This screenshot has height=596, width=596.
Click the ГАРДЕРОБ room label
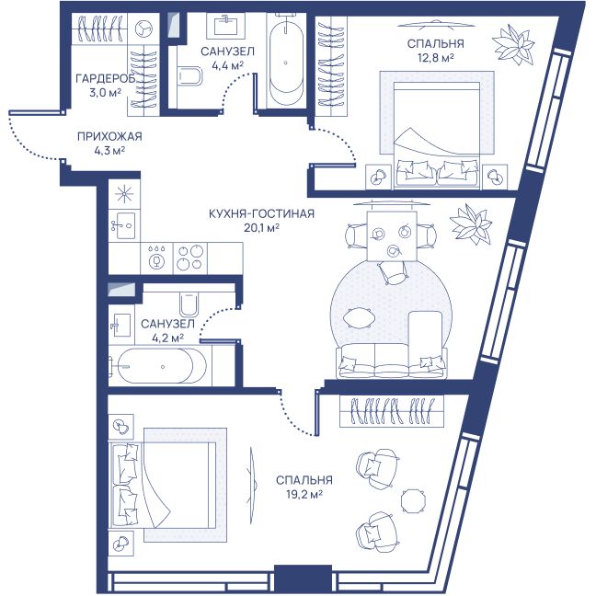tap(105, 79)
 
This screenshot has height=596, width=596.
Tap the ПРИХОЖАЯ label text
tap(109, 136)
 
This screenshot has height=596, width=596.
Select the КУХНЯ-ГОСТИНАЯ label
tap(261, 213)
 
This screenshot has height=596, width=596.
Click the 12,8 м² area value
tap(435, 58)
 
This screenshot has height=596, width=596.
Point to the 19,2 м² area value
tap(304, 495)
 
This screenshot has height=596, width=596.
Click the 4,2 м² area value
tap(167, 338)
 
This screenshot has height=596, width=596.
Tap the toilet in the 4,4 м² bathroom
tap(189, 76)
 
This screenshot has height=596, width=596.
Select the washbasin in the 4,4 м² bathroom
tap(225, 26)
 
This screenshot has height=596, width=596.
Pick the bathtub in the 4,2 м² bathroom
tap(161, 366)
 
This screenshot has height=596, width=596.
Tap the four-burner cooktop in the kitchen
tap(190, 258)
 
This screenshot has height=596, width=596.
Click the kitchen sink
tap(124, 225)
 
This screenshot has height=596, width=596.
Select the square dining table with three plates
tap(392, 236)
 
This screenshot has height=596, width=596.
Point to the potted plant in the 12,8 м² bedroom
tap(512, 44)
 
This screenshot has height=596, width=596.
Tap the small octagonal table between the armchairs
tap(414, 501)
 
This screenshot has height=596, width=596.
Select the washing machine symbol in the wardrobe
tap(143, 29)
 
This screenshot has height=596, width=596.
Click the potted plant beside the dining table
tap(471, 224)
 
